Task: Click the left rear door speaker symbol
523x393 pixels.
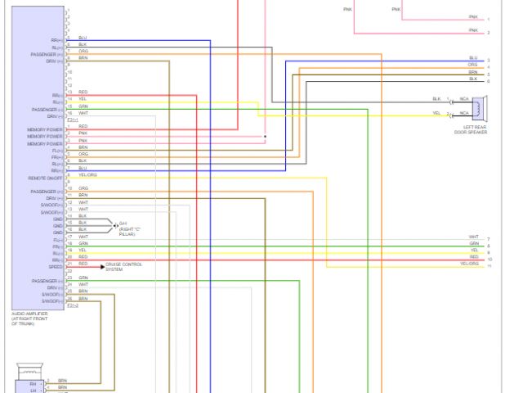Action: [x=479, y=106]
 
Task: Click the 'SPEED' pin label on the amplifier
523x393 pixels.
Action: [x=56, y=266]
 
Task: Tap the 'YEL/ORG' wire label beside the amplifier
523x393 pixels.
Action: [x=87, y=175]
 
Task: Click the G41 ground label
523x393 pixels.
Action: [x=123, y=223]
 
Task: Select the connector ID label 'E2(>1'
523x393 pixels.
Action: [x=73, y=120]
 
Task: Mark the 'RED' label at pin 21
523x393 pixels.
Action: [x=83, y=264]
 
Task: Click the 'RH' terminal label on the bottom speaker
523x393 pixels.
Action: [x=33, y=382]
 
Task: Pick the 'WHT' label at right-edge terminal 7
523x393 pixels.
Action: [x=474, y=237]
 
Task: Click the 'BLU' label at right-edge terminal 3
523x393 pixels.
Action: [x=473, y=58]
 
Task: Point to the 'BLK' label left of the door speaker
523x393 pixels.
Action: [x=436, y=99]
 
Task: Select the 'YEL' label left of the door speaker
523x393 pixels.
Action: [x=436, y=113]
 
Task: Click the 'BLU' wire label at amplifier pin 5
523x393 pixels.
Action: [x=83, y=38]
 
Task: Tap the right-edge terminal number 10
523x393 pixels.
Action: [x=489, y=260]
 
